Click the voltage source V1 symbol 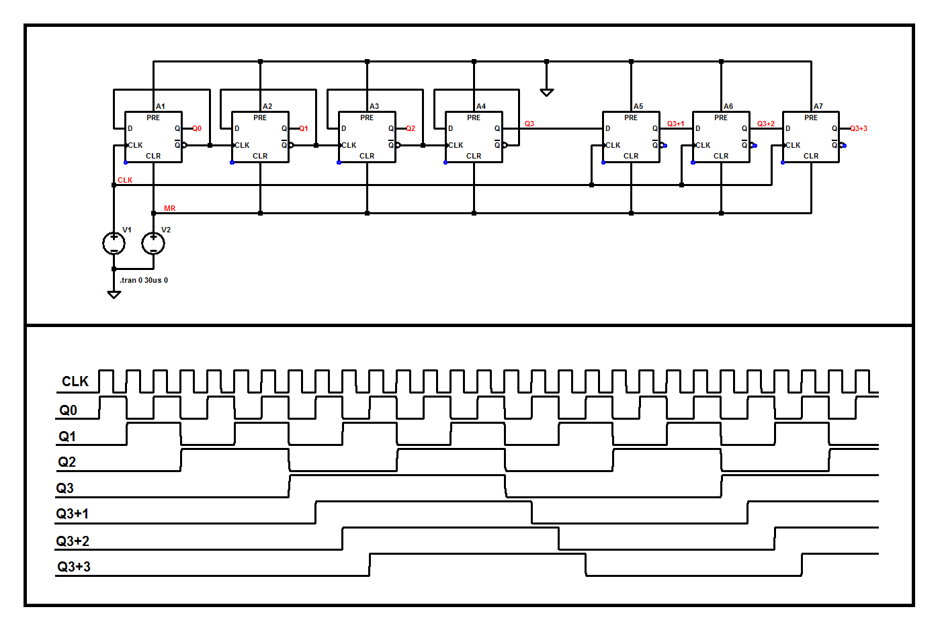[x=114, y=243]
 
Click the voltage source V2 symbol [x=153, y=243]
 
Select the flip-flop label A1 [x=161, y=106]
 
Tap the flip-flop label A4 [x=481, y=106]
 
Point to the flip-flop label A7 [x=818, y=106]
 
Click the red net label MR [x=169, y=208]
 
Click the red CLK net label [x=125, y=180]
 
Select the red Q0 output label [x=197, y=128]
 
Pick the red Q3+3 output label [x=859, y=128]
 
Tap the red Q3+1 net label [x=675, y=124]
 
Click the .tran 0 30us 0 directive [x=144, y=280]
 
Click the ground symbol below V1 [x=114, y=294]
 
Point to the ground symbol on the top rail [x=547, y=92]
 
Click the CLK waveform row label [x=75, y=381]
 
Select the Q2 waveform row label [x=67, y=462]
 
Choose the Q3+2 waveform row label [x=73, y=541]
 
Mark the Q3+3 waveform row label [x=74, y=567]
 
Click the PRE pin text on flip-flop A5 [x=631, y=118]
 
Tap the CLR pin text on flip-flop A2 [x=260, y=156]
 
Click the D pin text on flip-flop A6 [x=698, y=128]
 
